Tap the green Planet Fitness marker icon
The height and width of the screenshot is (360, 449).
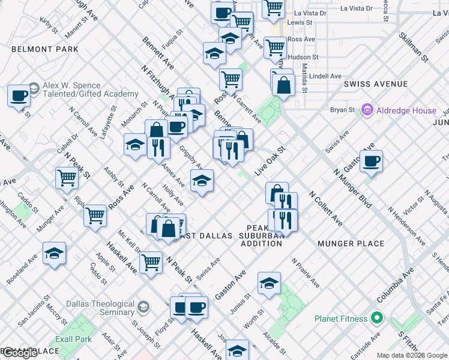click(x=376, y=317)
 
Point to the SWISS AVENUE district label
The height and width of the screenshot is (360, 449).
click(x=376, y=84)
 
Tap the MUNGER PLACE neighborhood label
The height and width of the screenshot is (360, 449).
click(x=351, y=244)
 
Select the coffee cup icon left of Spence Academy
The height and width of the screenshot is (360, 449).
click(x=19, y=95)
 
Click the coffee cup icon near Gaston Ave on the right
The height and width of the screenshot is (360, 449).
click(x=371, y=161)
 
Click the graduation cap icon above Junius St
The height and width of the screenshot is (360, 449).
click(x=269, y=283)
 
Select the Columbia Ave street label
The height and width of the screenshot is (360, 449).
click(x=395, y=284)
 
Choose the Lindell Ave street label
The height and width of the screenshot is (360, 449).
click(x=325, y=76)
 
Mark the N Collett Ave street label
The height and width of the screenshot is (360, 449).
click(x=326, y=209)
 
